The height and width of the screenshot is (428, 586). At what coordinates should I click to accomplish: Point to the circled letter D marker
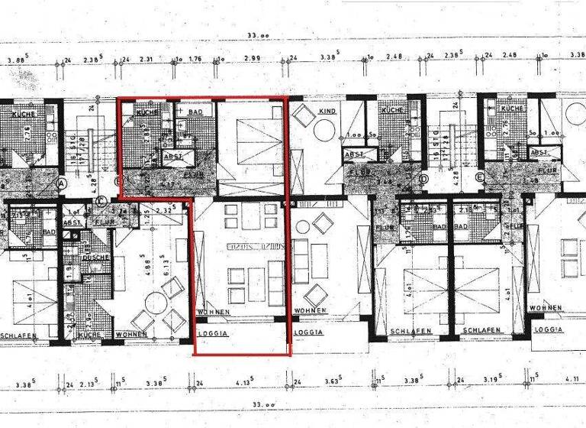[x=423, y=180]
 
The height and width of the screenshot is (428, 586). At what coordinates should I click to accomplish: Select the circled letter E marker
[x=480, y=180]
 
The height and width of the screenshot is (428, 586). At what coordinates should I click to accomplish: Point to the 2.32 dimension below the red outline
[x=163, y=209]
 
